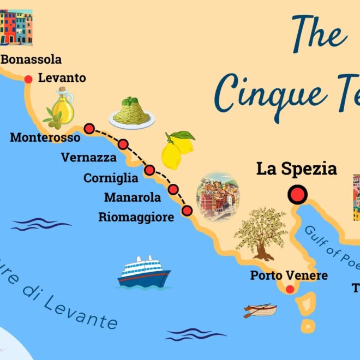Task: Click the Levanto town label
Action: click(62, 78)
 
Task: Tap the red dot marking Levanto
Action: click(29, 80)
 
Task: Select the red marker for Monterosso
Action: click(89, 129)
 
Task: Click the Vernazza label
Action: click(89, 158)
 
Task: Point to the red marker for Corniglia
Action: click(149, 170)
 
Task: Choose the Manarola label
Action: click(133, 197)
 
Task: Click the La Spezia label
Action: click(296, 169)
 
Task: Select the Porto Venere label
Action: click(289, 275)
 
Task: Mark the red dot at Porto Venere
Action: click(290, 290)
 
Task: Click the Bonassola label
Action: click(32, 59)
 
